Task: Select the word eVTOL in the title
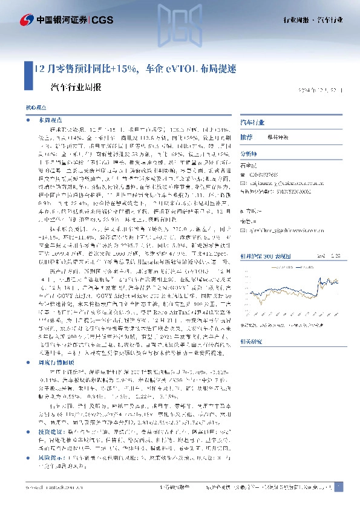[175, 68]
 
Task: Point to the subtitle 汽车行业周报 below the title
[75, 86]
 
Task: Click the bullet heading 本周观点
[48, 121]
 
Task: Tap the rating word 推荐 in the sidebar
[246, 137]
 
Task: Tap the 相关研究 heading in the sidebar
[250, 342]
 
